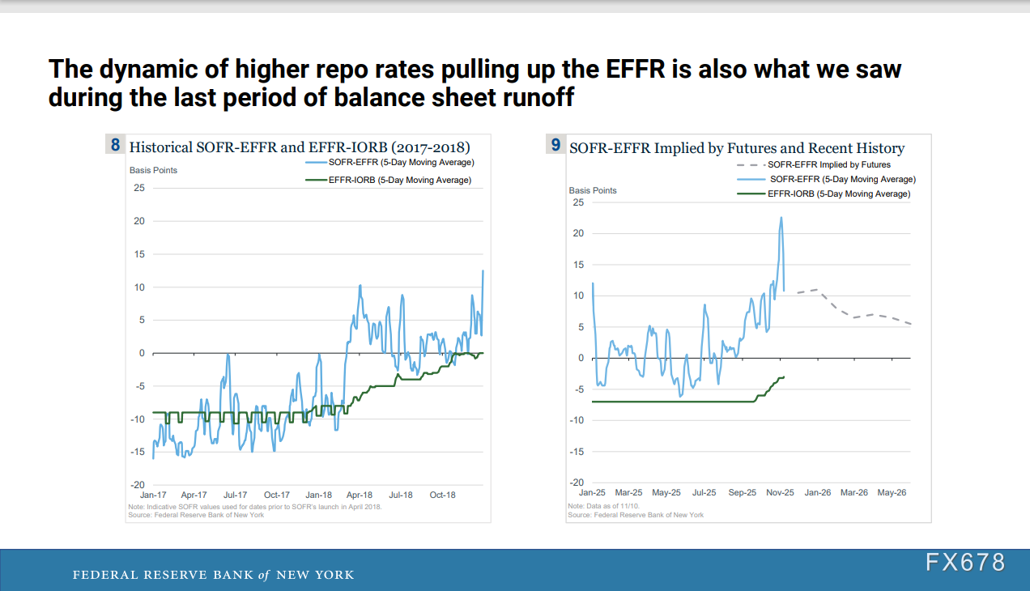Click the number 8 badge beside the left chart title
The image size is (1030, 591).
pos(115,147)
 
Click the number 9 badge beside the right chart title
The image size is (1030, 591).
pos(555,146)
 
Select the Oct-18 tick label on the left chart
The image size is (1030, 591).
pos(443,495)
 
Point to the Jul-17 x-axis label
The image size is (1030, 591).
pos(235,495)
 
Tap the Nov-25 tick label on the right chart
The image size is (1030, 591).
pos(780,492)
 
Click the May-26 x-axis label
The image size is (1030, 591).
pos(892,492)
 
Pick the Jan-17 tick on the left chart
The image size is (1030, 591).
pos(153,495)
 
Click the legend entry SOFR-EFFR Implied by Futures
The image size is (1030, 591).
pos(828,164)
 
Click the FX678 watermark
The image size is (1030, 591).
pos(965,563)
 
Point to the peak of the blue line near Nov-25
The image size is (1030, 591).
pos(781,217)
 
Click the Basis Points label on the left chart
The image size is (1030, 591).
pos(153,170)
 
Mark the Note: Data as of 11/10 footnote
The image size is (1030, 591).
pos(598,507)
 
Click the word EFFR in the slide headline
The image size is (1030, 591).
pos(627,69)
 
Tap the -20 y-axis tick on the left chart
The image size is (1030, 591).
pos(138,484)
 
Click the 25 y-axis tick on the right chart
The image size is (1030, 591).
pos(578,202)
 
